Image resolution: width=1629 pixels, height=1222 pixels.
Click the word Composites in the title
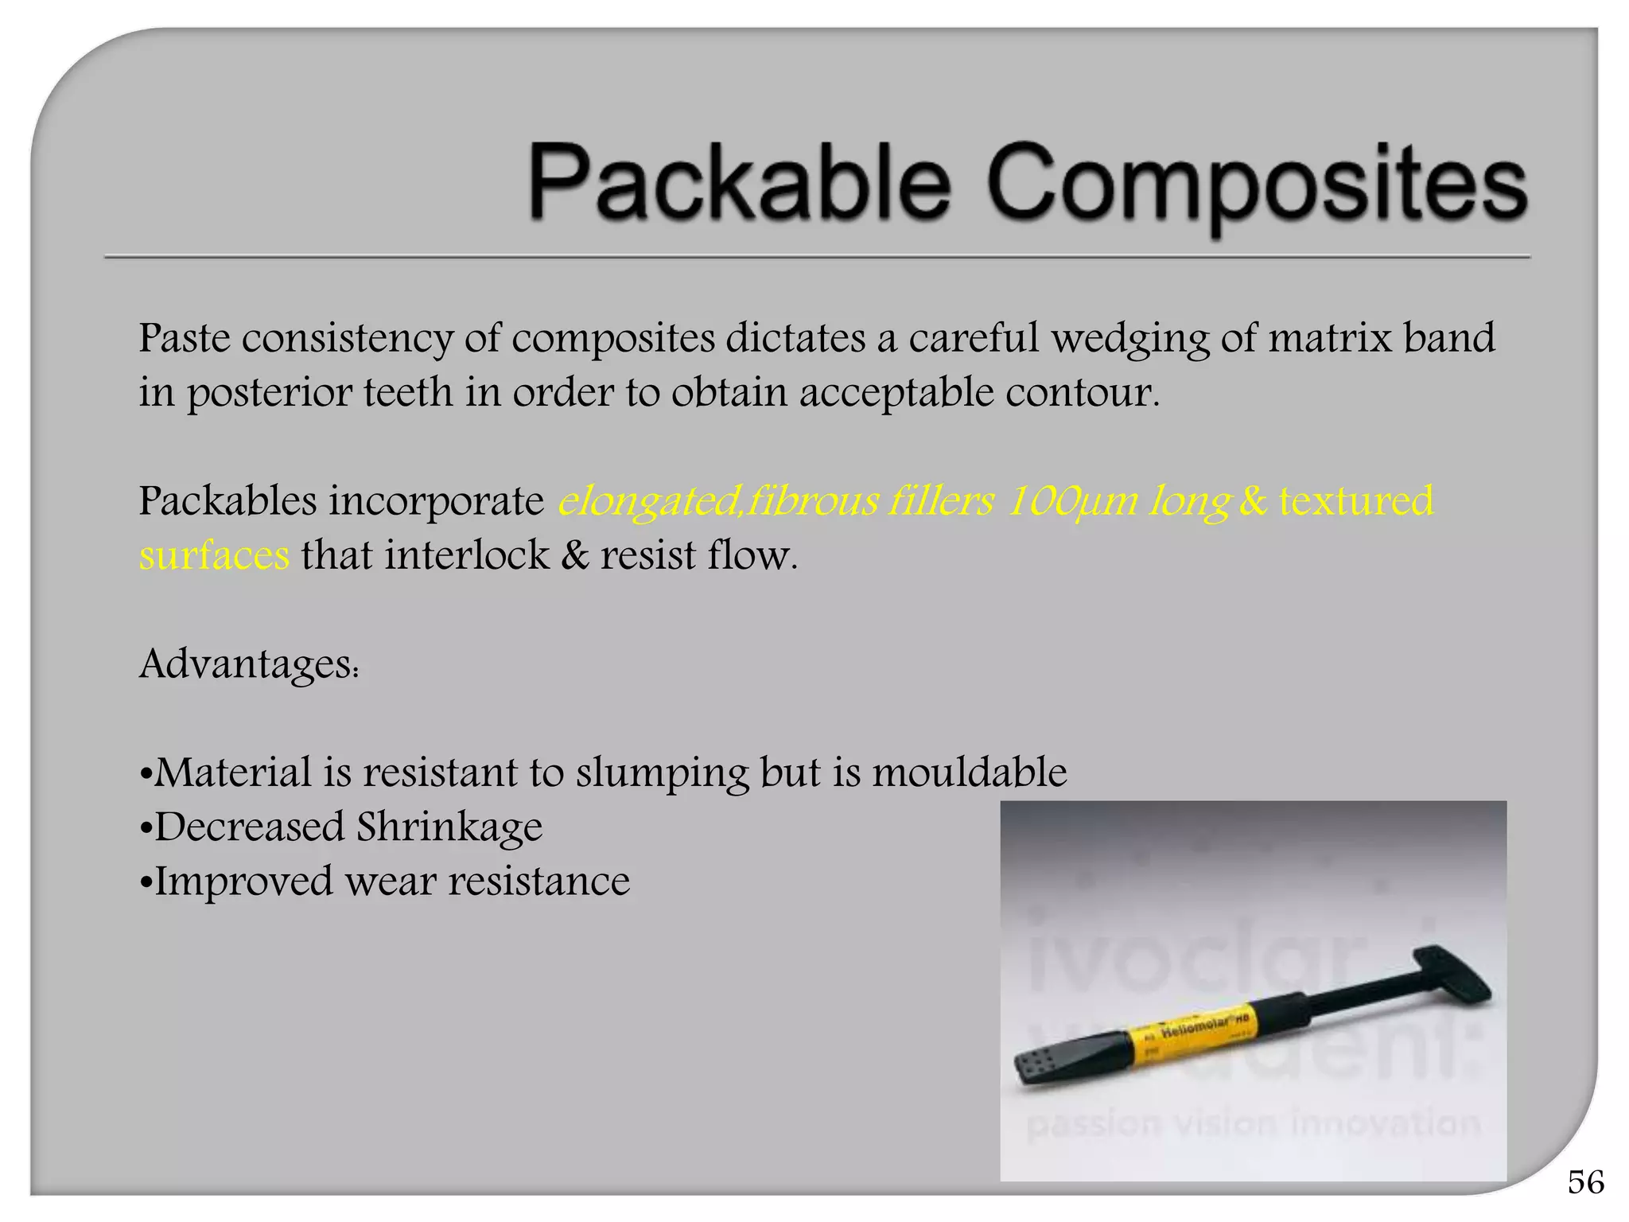(1257, 185)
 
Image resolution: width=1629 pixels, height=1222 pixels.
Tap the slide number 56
(1585, 1182)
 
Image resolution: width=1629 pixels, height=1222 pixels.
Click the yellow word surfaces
(214, 555)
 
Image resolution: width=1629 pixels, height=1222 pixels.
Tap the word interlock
(466, 555)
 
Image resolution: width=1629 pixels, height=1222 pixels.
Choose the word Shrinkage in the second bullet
(449, 827)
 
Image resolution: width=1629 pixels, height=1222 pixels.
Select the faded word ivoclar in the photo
(1193, 963)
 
